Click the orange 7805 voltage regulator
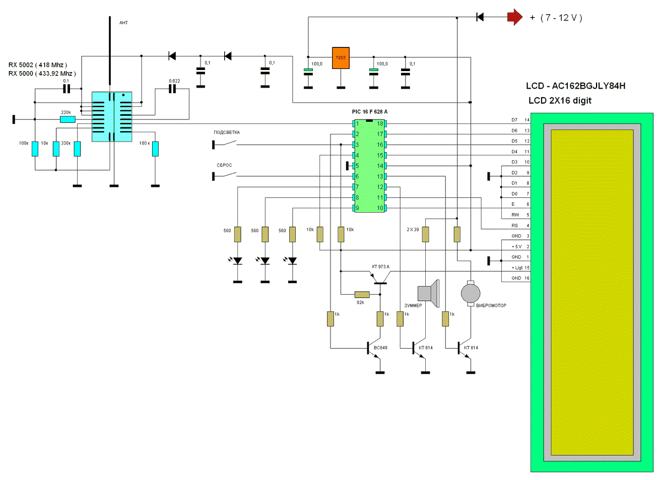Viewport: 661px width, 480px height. pyautogui.click(x=341, y=58)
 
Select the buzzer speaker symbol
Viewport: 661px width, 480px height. pyautogui.click(x=429, y=290)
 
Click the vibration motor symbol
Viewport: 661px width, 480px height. pyautogui.click(x=470, y=292)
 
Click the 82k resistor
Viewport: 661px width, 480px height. pyautogui.click(x=362, y=294)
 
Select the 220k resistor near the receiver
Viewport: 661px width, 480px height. pyautogui.click(x=68, y=119)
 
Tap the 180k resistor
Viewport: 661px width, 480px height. pyautogui.click(x=155, y=149)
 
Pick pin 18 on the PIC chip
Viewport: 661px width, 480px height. pyautogui.click(x=380, y=123)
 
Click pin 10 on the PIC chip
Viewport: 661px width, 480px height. pyautogui.click(x=380, y=208)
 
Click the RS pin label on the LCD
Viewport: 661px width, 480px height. pyautogui.click(x=514, y=225)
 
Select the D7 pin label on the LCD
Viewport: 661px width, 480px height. pyautogui.click(x=514, y=120)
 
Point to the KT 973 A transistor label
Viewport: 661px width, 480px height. pyautogui.click(x=381, y=267)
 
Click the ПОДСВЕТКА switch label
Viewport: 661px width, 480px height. pyautogui.click(x=226, y=133)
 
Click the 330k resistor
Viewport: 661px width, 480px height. pyautogui.click(x=78, y=149)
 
